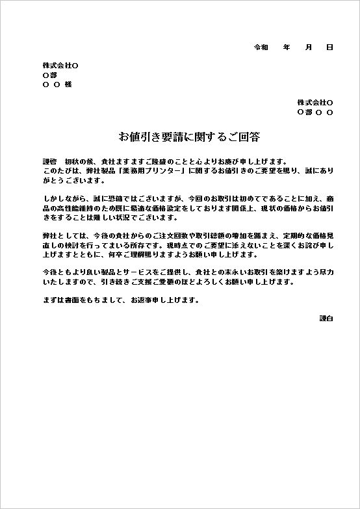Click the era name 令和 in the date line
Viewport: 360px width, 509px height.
tap(261, 47)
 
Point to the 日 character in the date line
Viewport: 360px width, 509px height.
tap(329, 47)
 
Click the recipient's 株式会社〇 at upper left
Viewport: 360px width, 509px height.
tap(60, 66)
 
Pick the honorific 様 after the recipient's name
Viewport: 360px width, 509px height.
tap(68, 85)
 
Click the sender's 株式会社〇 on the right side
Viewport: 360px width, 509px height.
tap(315, 103)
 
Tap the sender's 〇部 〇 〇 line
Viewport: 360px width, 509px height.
tap(315, 112)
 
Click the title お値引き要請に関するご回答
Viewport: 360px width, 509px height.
tap(189, 137)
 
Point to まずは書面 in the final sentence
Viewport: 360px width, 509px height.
tap(63, 300)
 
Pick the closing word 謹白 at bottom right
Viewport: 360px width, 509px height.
tap(326, 319)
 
